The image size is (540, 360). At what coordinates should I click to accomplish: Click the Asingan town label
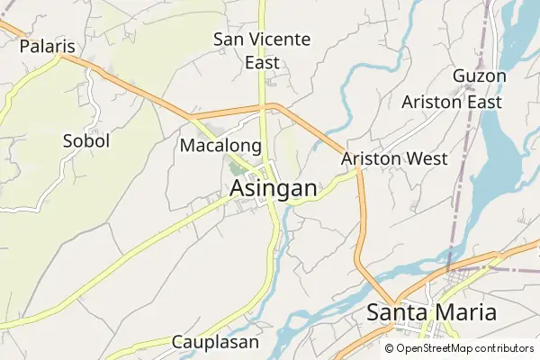pyautogui.click(x=274, y=189)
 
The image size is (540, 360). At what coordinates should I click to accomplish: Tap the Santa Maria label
pyautogui.click(x=432, y=312)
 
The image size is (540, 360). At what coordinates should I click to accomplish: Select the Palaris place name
pyautogui.click(x=47, y=46)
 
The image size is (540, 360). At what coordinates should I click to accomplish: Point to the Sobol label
pyautogui.click(x=86, y=140)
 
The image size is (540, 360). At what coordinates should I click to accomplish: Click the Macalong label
pyautogui.click(x=220, y=145)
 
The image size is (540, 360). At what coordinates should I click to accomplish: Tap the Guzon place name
pyautogui.click(x=480, y=76)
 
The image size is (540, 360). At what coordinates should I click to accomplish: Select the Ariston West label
pyautogui.click(x=395, y=158)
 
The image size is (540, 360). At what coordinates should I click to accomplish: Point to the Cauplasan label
pyautogui.click(x=215, y=342)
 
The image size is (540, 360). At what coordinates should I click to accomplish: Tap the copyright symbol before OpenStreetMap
pyautogui.click(x=390, y=348)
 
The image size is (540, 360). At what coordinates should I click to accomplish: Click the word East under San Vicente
pyautogui.click(x=262, y=63)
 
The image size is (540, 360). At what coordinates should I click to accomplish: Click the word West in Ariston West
pyautogui.click(x=427, y=158)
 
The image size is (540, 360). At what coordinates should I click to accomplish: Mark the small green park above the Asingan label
pyautogui.click(x=238, y=166)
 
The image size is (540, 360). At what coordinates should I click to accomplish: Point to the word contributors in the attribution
pyautogui.click(x=499, y=348)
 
